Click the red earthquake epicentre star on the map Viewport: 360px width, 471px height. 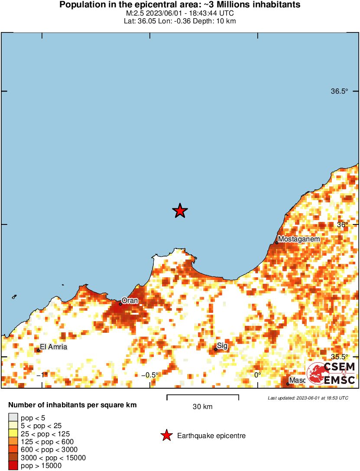(x=180, y=211)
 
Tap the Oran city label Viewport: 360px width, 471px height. (x=130, y=300)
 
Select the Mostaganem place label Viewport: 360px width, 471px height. (x=299, y=239)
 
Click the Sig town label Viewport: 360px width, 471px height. (x=222, y=345)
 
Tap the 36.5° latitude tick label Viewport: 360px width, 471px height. (x=339, y=91)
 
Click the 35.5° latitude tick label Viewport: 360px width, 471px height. (x=339, y=357)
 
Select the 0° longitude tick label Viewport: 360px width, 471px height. (x=257, y=375)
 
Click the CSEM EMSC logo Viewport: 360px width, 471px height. (x=331, y=374)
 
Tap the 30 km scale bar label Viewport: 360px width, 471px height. (x=202, y=406)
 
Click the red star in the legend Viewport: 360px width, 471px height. (x=166, y=436)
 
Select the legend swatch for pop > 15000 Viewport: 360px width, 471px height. (x=13, y=466)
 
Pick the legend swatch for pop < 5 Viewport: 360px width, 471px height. (x=13, y=418)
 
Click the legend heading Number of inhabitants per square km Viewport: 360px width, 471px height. (x=73, y=406)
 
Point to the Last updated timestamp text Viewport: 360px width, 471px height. (x=308, y=398)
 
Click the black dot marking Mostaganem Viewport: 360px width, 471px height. (x=276, y=243)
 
